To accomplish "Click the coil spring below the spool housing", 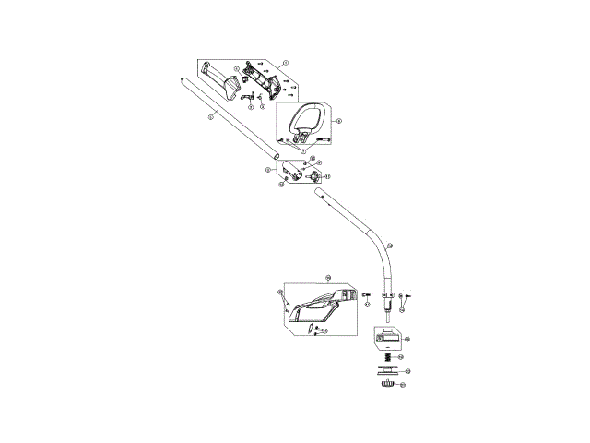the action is (x=388, y=357).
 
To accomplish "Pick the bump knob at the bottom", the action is (x=386, y=383).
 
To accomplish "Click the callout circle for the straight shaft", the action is (x=211, y=118).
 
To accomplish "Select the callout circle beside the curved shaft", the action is (x=389, y=246).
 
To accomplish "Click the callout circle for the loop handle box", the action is (x=339, y=120).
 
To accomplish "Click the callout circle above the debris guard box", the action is (x=327, y=277).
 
